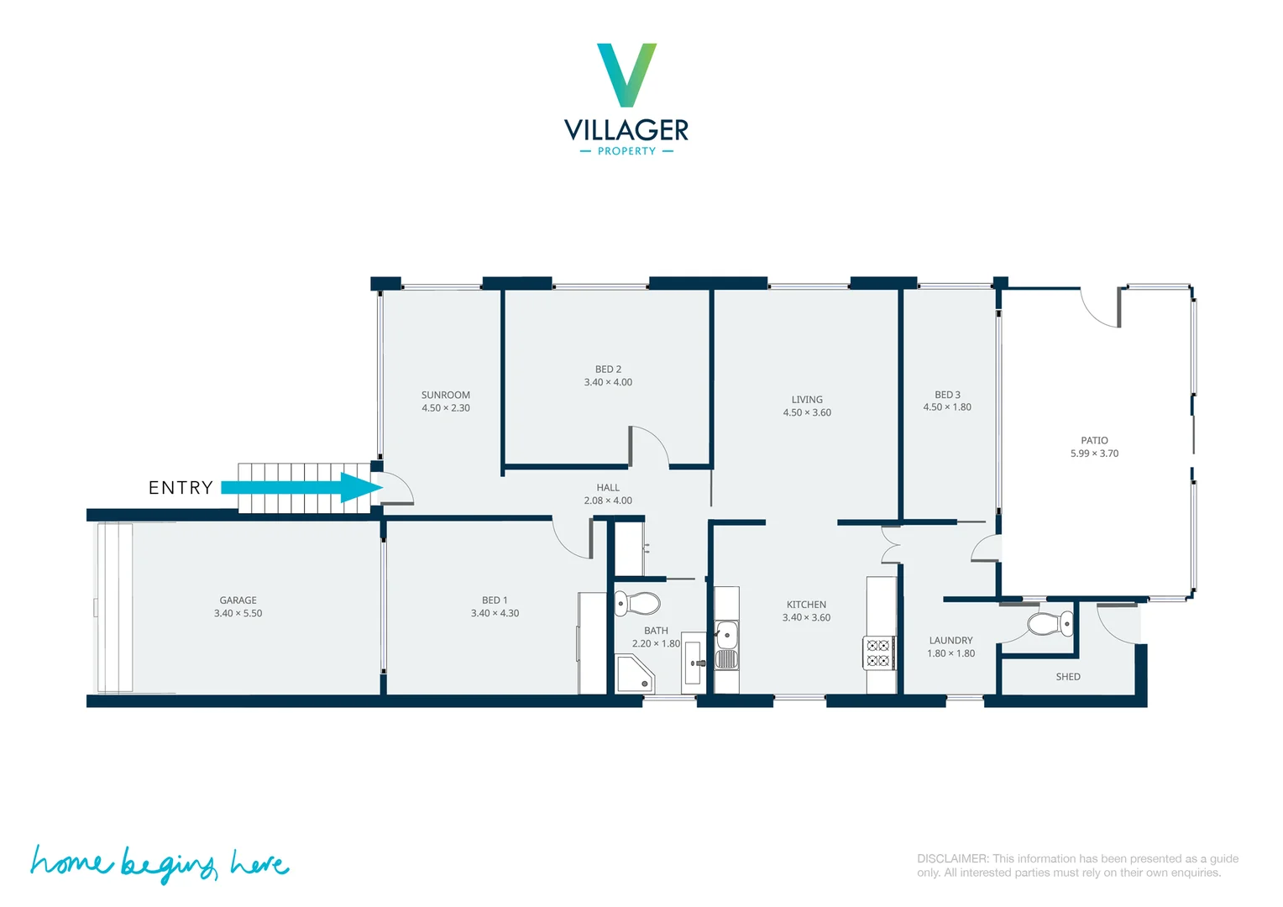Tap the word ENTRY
pos(181,488)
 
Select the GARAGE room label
pos(238,600)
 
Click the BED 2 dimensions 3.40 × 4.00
pos(608,382)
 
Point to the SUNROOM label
pos(446,395)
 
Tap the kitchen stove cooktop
pos(878,653)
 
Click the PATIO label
pos(1094,440)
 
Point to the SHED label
pos(1068,677)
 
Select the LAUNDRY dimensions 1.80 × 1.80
pos(950,653)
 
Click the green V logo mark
pos(626,75)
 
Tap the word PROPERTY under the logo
pos(626,151)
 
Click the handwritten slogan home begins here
pos(160,863)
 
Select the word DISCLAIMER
pos(953,858)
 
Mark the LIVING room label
pos(807,400)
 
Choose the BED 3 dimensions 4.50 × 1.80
pos(947,407)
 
